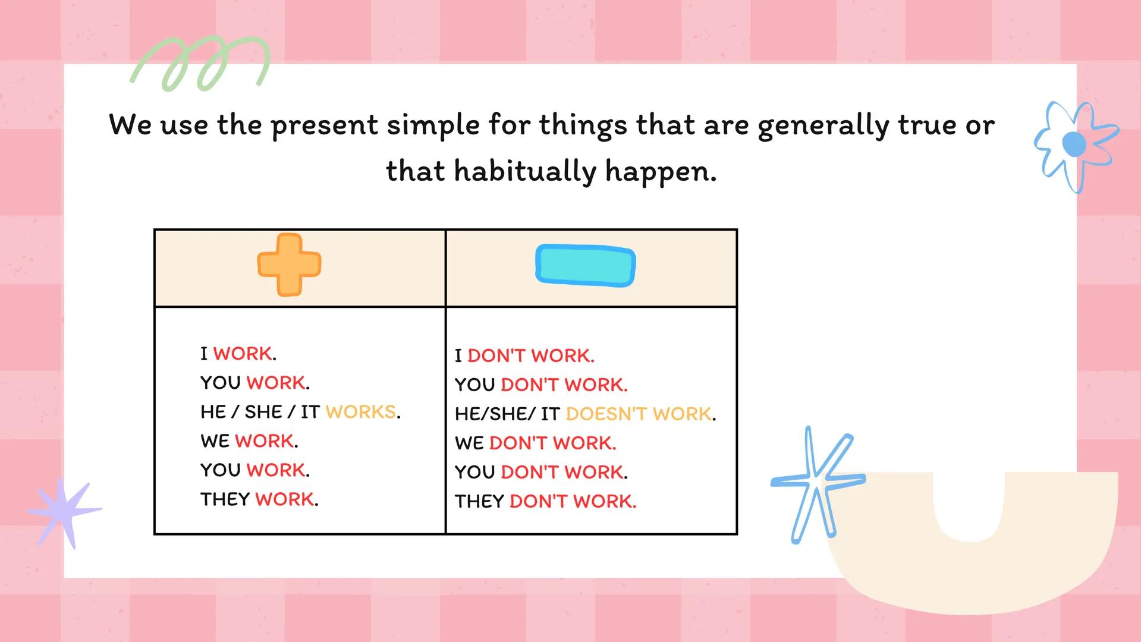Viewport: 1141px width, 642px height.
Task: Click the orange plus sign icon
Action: [x=289, y=265]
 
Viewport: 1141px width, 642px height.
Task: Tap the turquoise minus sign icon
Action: [x=585, y=266]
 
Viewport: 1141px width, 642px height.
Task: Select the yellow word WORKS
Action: [x=361, y=411]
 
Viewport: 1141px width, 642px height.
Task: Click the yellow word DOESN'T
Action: [x=606, y=414]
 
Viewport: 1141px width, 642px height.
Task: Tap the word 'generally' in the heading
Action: [x=823, y=126]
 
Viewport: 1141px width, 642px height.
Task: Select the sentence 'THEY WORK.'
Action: [x=259, y=499]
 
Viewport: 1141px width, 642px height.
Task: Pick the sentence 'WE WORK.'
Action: [x=249, y=440]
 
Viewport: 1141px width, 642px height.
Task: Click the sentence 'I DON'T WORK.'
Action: [x=524, y=355]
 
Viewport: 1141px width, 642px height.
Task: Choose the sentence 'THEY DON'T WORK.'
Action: [x=545, y=501]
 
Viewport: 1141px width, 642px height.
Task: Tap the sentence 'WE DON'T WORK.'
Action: [x=535, y=443]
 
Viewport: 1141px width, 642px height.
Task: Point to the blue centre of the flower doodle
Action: [x=1074, y=144]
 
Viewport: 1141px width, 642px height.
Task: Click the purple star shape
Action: [x=64, y=511]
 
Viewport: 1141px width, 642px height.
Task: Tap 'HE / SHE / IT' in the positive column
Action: [x=260, y=411]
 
